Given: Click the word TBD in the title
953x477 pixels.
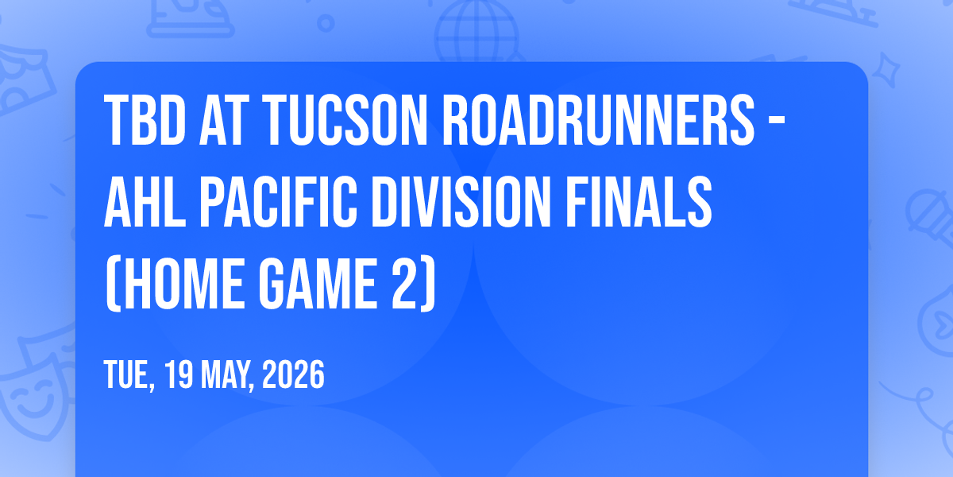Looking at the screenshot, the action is (145, 120).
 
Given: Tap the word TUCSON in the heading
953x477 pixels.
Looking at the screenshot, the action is (345, 120).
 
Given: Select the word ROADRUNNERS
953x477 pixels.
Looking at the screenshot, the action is (599, 120).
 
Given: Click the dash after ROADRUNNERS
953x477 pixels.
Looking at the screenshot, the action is (777, 122).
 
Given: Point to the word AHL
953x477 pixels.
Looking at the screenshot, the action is (145, 202).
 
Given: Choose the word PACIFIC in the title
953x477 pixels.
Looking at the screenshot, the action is (278, 202).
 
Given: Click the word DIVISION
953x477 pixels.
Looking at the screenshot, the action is (461, 202).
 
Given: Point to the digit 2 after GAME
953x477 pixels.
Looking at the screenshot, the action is (405, 284).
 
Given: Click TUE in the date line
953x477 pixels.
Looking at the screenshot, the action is (129, 374).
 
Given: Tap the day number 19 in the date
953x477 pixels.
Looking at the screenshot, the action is (179, 374).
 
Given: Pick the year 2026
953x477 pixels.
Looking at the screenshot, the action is (293, 374).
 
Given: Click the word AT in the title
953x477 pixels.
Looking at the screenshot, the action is (224, 120).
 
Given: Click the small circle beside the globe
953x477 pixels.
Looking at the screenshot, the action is (326, 23).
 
